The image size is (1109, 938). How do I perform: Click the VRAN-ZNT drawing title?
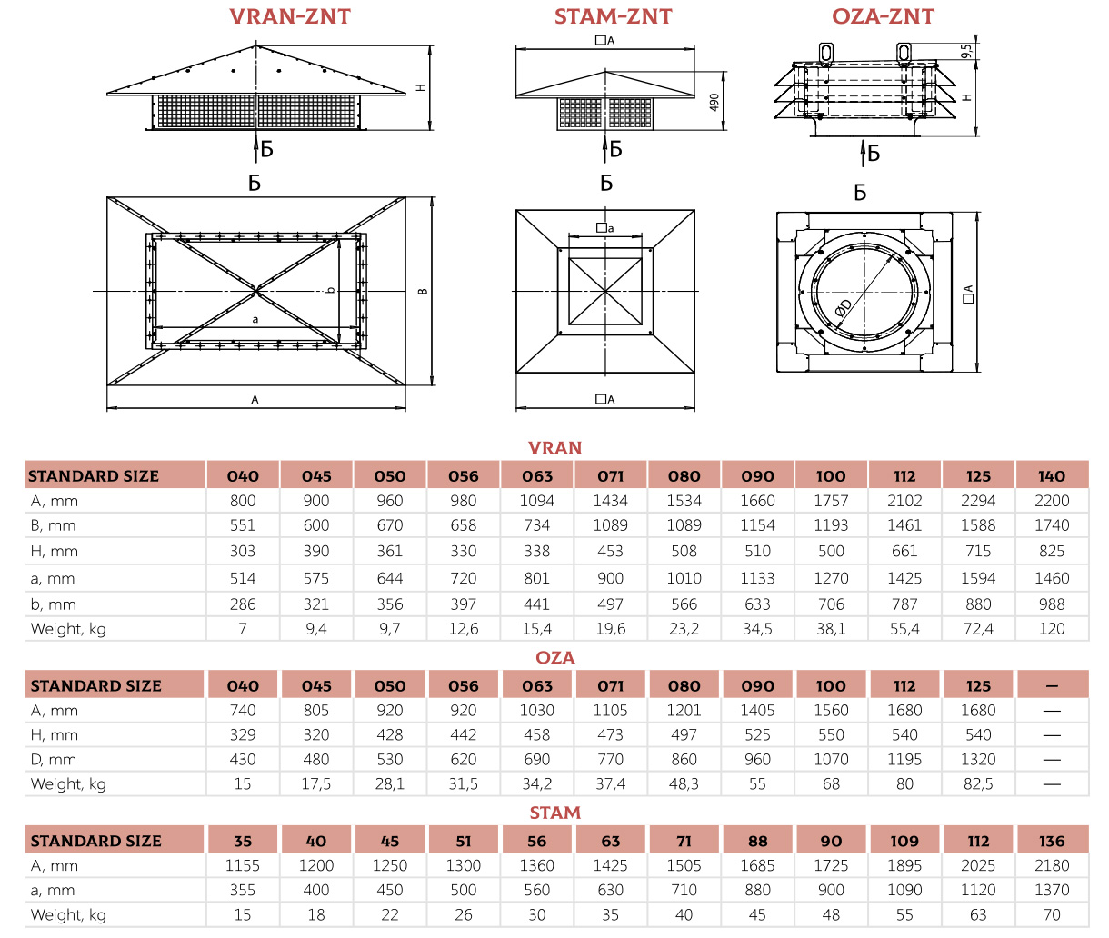tap(289, 16)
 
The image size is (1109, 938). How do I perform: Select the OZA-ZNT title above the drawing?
tap(883, 16)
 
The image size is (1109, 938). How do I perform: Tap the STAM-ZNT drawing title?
tap(614, 16)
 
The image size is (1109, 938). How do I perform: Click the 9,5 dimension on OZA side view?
tap(967, 51)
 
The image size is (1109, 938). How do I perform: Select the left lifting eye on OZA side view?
tap(825, 53)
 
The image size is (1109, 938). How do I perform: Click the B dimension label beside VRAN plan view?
tap(422, 291)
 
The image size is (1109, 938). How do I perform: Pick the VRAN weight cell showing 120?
tap(1052, 629)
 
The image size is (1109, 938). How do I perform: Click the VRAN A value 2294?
tap(978, 501)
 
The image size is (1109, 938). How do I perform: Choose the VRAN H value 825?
tap(1052, 551)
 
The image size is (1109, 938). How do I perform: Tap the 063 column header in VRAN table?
tap(537, 476)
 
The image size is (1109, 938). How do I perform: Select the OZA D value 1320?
tap(978, 760)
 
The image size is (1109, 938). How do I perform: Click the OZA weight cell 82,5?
tap(978, 784)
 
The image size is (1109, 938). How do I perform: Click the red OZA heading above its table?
tap(554, 657)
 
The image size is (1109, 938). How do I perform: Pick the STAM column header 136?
tap(1052, 842)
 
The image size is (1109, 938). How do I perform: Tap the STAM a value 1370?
tap(1052, 891)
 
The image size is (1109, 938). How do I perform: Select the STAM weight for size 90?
tap(831, 915)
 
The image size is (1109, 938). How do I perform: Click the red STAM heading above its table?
tap(554, 813)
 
